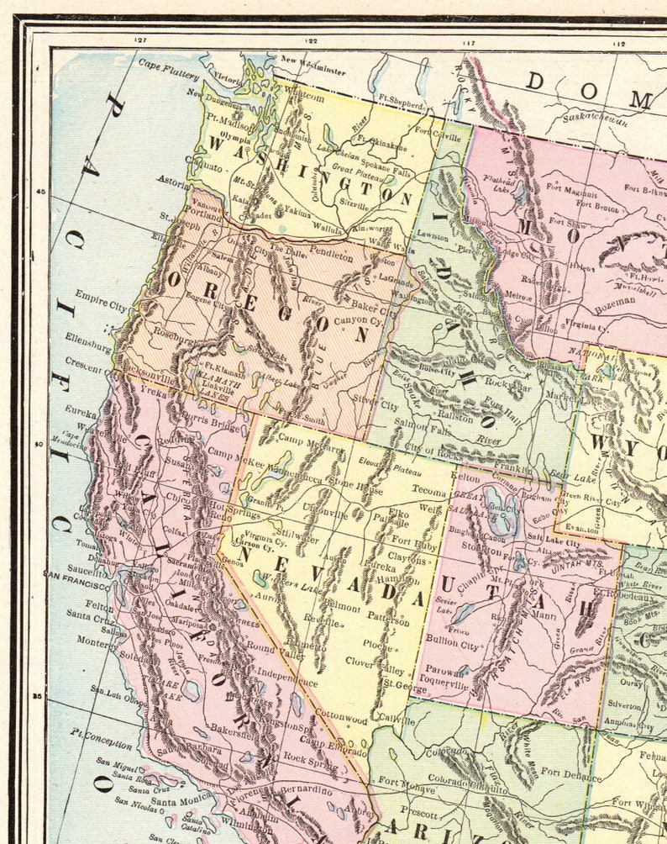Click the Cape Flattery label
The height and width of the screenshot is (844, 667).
click(165, 63)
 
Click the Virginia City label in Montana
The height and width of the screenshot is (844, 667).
click(584, 322)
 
